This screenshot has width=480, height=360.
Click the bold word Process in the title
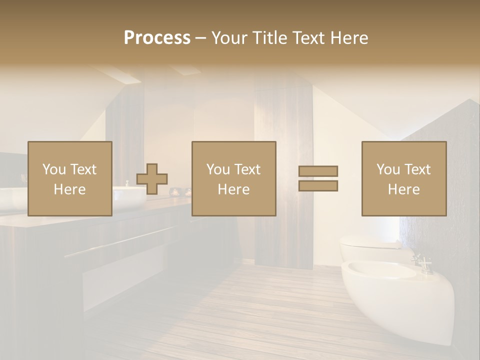click(157, 38)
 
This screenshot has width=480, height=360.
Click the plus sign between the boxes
click(152, 179)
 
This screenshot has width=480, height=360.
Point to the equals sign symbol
click(318, 178)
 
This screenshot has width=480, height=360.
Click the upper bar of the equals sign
click(318, 171)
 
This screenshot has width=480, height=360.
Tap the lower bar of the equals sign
click(318, 185)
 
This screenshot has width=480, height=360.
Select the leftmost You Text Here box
click(69, 178)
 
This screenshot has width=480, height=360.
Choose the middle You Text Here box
click(233, 178)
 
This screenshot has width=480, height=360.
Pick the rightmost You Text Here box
click(403, 178)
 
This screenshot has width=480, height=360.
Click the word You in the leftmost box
click(53, 169)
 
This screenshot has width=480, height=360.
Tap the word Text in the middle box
click(247, 169)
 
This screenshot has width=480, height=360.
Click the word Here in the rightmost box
click(403, 189)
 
